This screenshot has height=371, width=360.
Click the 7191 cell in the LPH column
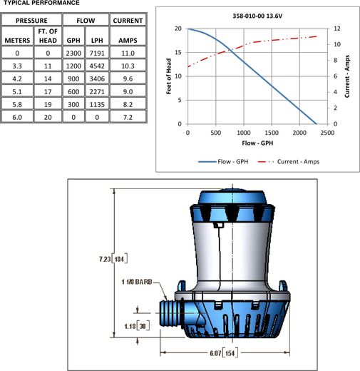click(97, 53)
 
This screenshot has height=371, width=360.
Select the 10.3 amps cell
click(128, 66)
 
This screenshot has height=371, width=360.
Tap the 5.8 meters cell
click(17, 104)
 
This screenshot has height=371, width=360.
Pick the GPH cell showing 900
click(73, 78)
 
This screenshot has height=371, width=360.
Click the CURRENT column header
click(128, 21)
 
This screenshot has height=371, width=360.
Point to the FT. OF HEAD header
click(48, 36)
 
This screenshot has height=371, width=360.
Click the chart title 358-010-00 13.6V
click(257, 16)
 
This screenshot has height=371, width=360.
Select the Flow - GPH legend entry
click(223, 162)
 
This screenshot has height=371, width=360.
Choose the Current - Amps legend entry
click(289, 162)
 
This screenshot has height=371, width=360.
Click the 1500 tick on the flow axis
click(272, 133)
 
